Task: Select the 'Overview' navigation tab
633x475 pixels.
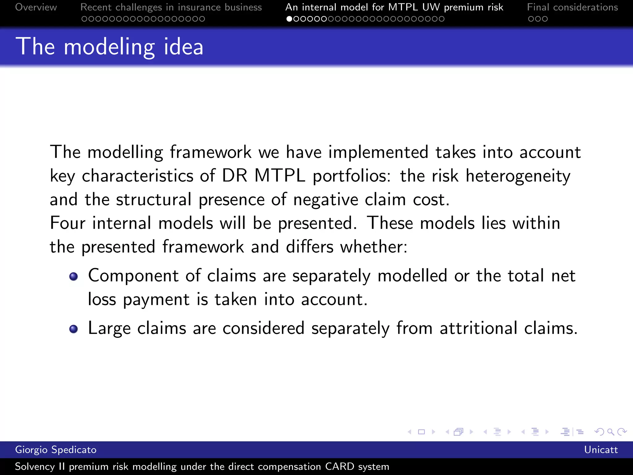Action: point(36,7)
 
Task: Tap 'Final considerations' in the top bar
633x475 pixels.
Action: point(572,7)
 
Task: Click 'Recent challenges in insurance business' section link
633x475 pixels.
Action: point(171,7)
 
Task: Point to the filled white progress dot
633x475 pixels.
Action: point(289,19)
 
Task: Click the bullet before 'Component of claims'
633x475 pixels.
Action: point(74,276)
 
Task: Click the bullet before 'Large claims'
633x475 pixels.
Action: point(74,329)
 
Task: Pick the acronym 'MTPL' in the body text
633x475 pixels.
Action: point(280,176)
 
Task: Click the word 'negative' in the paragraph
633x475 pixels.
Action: point(325,199)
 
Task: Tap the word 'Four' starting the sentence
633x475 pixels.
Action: point(67,223)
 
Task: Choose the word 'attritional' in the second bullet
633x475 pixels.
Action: point(478,328)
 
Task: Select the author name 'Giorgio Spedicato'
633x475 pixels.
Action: point(56,450)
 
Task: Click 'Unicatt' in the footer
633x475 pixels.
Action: point(601,450)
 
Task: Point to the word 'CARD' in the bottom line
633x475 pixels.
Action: point(339,466)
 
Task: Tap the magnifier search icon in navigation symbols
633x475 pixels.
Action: point(610,432)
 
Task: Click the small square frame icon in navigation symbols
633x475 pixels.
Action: point(421,432)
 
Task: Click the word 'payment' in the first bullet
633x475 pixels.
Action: point(156,300)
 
